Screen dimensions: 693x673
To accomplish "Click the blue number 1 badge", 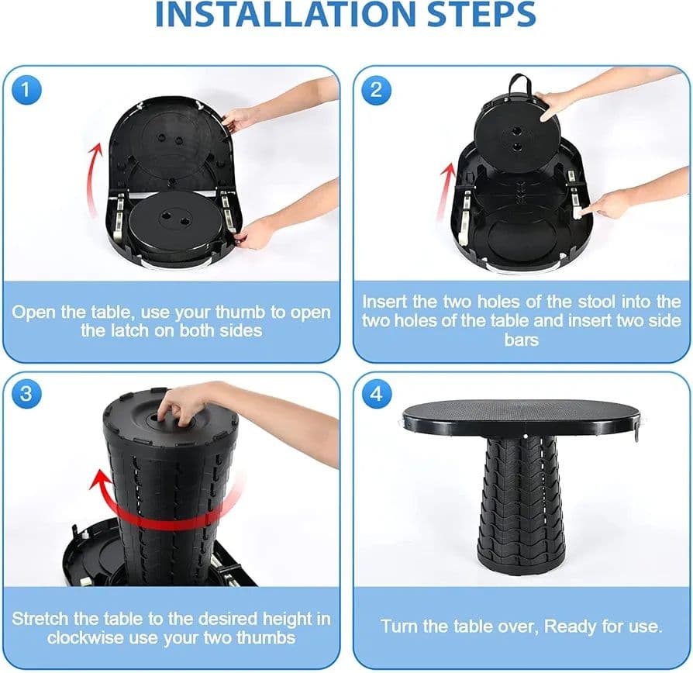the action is [26, 90].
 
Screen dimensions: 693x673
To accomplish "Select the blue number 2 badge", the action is [376, 90].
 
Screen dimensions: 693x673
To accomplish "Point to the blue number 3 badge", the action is [26, 393].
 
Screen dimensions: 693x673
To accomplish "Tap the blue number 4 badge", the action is [376, 393].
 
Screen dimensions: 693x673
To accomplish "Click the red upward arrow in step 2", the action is [444, 192].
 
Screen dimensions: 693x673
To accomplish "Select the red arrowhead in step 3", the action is [100, 480].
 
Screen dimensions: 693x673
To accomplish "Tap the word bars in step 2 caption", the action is [521, 340].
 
